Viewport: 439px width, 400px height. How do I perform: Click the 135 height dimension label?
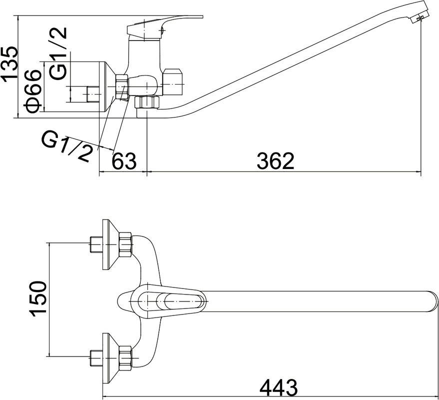pos(9,64)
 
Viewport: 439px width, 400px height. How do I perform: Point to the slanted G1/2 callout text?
pos(68,146)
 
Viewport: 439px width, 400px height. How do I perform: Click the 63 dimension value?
pos(123,161)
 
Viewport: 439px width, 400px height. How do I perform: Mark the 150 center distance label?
pos(37,298)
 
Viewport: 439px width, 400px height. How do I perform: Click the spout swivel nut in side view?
pos(147,102)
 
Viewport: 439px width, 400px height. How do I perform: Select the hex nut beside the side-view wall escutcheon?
pos(121,86)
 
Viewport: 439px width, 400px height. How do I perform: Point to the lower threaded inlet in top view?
pos(95,357)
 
